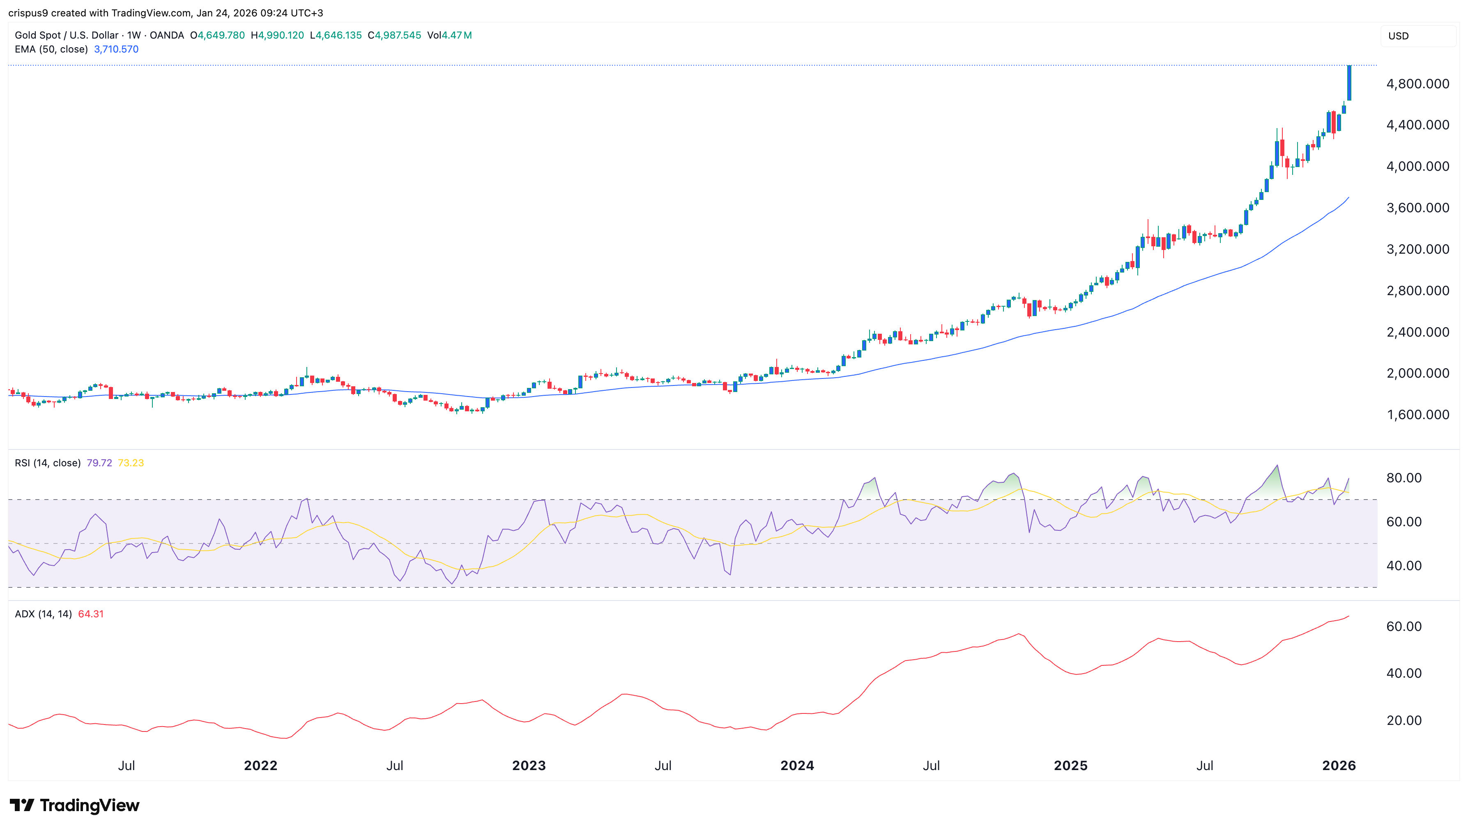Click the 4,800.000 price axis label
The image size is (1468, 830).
click(x=1417, y=84)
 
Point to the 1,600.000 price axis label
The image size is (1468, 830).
click(x=1417, y=415)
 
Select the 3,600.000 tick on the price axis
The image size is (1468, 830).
click(x=1417, y=208)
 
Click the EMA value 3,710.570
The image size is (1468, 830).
click(x=116, y=49)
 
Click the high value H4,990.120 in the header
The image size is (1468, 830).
click(x=277, y=35)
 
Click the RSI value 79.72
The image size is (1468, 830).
click(x=99, y=463)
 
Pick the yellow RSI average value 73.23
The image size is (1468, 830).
click(x=131, y=463)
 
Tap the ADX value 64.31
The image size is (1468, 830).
click(x=91, y=614)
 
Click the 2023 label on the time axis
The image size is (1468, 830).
click(x=529, y=766)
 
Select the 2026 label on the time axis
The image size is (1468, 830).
click(x=1339, y=766)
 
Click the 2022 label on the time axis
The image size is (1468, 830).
click(x=261, y=766)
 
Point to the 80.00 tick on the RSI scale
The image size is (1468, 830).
click(x=1404, y=478)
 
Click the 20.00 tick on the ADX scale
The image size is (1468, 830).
click(x=1404, y=720)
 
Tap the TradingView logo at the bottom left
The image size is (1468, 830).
click(x=75, y=805)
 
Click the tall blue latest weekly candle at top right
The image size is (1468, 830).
click(x=1349, y=83)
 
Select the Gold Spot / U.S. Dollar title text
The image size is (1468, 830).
click(x=66, y=35)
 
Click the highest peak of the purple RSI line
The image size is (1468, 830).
click(x=1277, y=466)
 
